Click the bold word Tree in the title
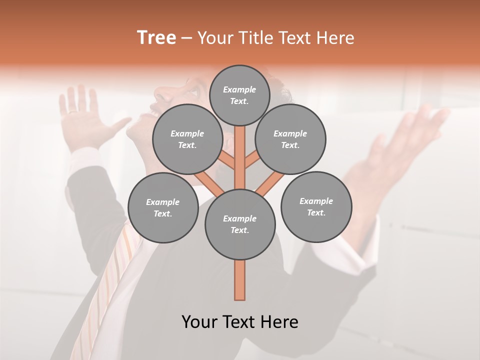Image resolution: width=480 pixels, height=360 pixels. pyautogui.click(x=156, y=37)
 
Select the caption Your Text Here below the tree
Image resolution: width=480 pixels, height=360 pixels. pyautogui.click(x=240, y=322)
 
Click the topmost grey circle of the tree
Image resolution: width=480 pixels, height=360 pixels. pyautogui.click(x=239, y=95)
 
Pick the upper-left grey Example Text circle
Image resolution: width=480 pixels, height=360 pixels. pyautogui.click(x=187, y=139)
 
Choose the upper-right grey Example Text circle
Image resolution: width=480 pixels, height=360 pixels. pyautogui.click(x=290, y=139)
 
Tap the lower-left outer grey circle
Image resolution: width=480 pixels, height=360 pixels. pyautogui.click(x=163, y=207)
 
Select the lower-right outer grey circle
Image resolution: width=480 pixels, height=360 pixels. pyautogui.click(x=316, y=206)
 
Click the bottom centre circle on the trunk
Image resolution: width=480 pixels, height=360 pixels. pyautogui.click(x=240, y=224)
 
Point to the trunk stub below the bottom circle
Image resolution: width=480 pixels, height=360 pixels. pyautogui.click(x=240, y=280)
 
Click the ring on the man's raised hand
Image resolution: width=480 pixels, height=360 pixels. pyautogui.click(x=73, y=112)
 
